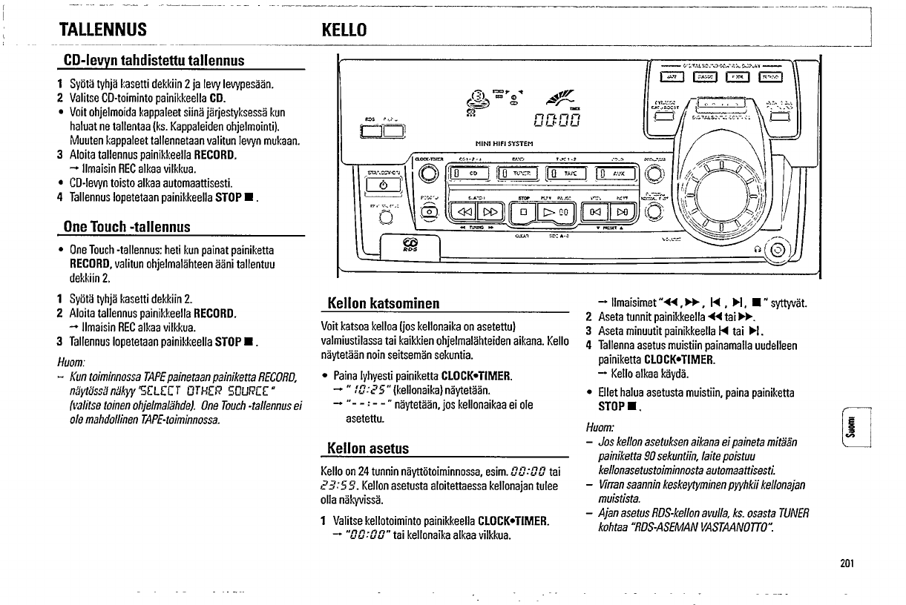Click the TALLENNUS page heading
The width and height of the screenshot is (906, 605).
[x=103, y=30]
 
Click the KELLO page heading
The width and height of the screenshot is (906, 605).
[x=344, y=30]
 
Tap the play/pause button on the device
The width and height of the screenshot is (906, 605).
[x=557, y=213]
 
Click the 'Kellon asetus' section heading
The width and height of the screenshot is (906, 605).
[x=368, y=448]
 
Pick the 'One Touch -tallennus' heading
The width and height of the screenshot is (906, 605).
[x=127, y=226]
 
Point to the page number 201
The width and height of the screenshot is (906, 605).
[x=847, y=563]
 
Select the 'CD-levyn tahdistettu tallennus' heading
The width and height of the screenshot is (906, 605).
[x=154, y=59]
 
